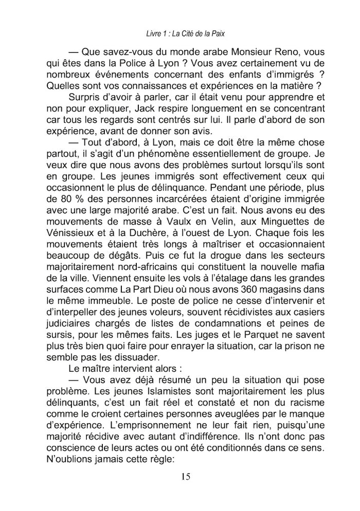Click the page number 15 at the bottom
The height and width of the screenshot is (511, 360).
pos(186,476)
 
